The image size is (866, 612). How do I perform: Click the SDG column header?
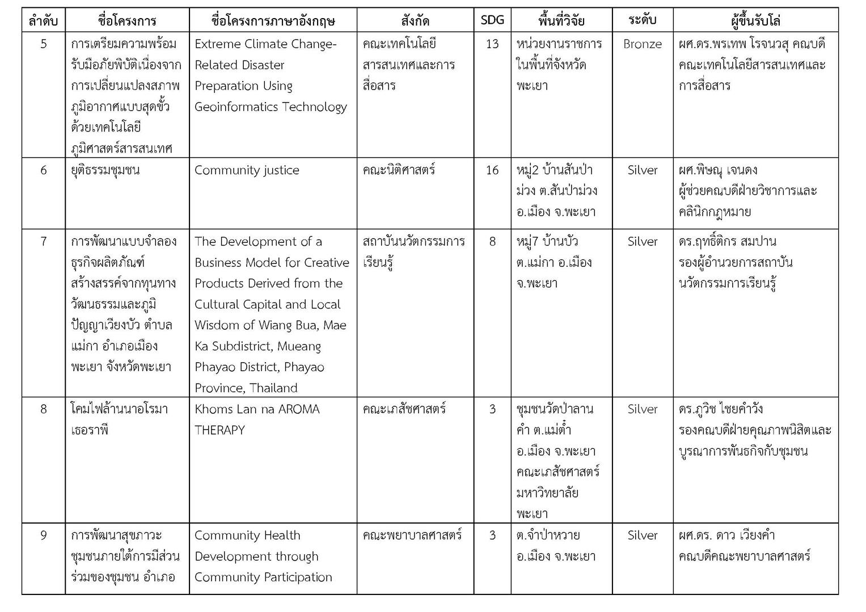pyautogui.click(x=492, y=20)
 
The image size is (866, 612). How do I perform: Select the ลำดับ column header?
pyautogui.click(x=43, y=21)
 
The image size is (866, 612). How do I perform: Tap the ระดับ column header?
pyautogui.click(x=642, y=20)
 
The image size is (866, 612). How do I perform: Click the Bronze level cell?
pyautogui.click(x=642, y=44)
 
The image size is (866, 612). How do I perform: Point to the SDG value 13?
pyautogui.click(x=492, y=44)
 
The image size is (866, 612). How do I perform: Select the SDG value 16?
pyautogui.click(x=492, y=170)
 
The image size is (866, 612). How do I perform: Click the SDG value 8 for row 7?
pyautogui.click(x=492, y=241)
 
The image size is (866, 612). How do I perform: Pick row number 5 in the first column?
pyautogui.click(x=43, y=44)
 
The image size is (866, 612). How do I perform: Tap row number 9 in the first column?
pyautogui.click(x=43, y=535)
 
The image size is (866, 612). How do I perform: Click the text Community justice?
pyautogui.click(x=247, y=170)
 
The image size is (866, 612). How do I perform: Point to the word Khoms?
pyautogui.click(x=213, y=409)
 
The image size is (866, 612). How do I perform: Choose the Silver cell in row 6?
pyautogui.click(x=642, y=170)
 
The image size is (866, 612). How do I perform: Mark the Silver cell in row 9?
pyautogui.click(x=642, y=535)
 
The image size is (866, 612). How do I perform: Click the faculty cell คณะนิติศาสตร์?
pyautogui.click(x=399, y=170)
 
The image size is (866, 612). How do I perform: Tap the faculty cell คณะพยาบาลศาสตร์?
pyautogui.click(x=412, y=535)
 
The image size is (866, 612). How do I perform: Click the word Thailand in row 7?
pyautogui.click(x=273, y=388)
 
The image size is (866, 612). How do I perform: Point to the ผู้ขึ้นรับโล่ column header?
pyautogui.click(x=755, y=21)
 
